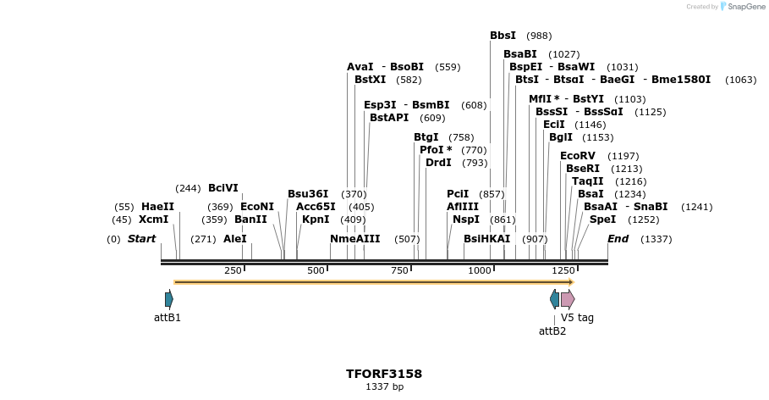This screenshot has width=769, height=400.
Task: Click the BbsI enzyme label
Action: click(503, 36)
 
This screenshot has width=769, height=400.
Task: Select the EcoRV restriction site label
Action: click(578, 156)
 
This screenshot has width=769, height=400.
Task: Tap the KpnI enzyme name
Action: click(316, 219)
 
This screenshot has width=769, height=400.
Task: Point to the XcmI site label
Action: click(153, 219)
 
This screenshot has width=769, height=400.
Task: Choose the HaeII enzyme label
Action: click(157, 207)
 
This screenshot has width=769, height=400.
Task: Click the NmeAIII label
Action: click(355, 239)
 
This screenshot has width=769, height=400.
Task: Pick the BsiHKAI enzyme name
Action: click(486, 239)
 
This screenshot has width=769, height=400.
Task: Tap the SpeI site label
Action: click(602, 219)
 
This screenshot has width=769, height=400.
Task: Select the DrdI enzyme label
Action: click(438, 163)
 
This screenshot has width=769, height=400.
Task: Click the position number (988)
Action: click(539, 36)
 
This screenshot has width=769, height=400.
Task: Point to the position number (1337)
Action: click(656, 240)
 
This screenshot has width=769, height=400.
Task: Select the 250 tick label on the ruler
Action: click(233, 270)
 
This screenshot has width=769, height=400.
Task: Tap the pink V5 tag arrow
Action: click(568, 298)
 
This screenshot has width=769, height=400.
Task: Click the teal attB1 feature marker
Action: click(169, 298)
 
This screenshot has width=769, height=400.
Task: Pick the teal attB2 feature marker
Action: click(554, 298)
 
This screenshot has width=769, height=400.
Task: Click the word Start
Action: click(141, 239)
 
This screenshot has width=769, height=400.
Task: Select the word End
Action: click(618, 239)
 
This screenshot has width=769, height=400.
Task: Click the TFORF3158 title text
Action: click(384, 374)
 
